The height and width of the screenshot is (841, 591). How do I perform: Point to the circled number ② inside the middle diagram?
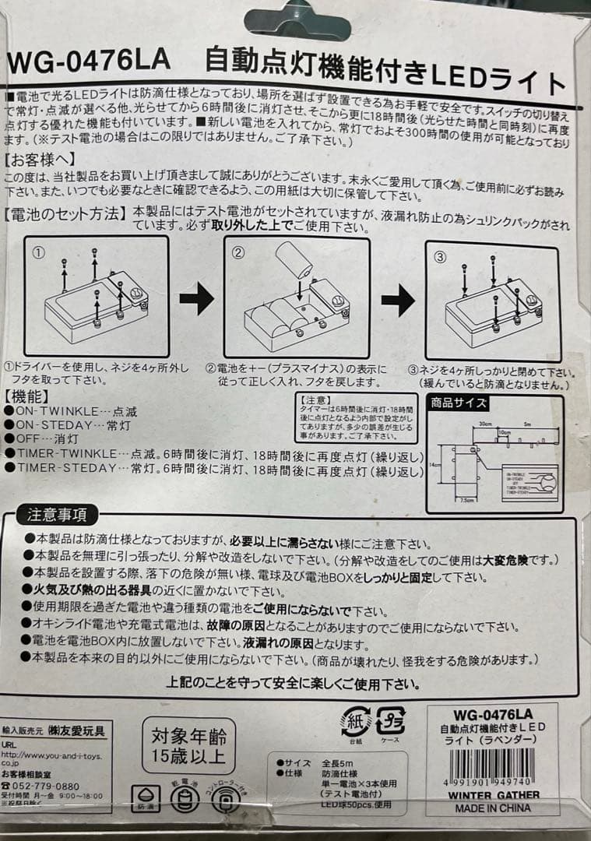tap(238, 252)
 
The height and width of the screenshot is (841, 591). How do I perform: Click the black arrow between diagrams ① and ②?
tap(196, 299)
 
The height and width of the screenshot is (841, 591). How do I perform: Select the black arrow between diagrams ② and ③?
tap(398, 301)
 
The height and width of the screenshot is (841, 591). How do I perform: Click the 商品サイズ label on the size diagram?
tap(459, 403)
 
